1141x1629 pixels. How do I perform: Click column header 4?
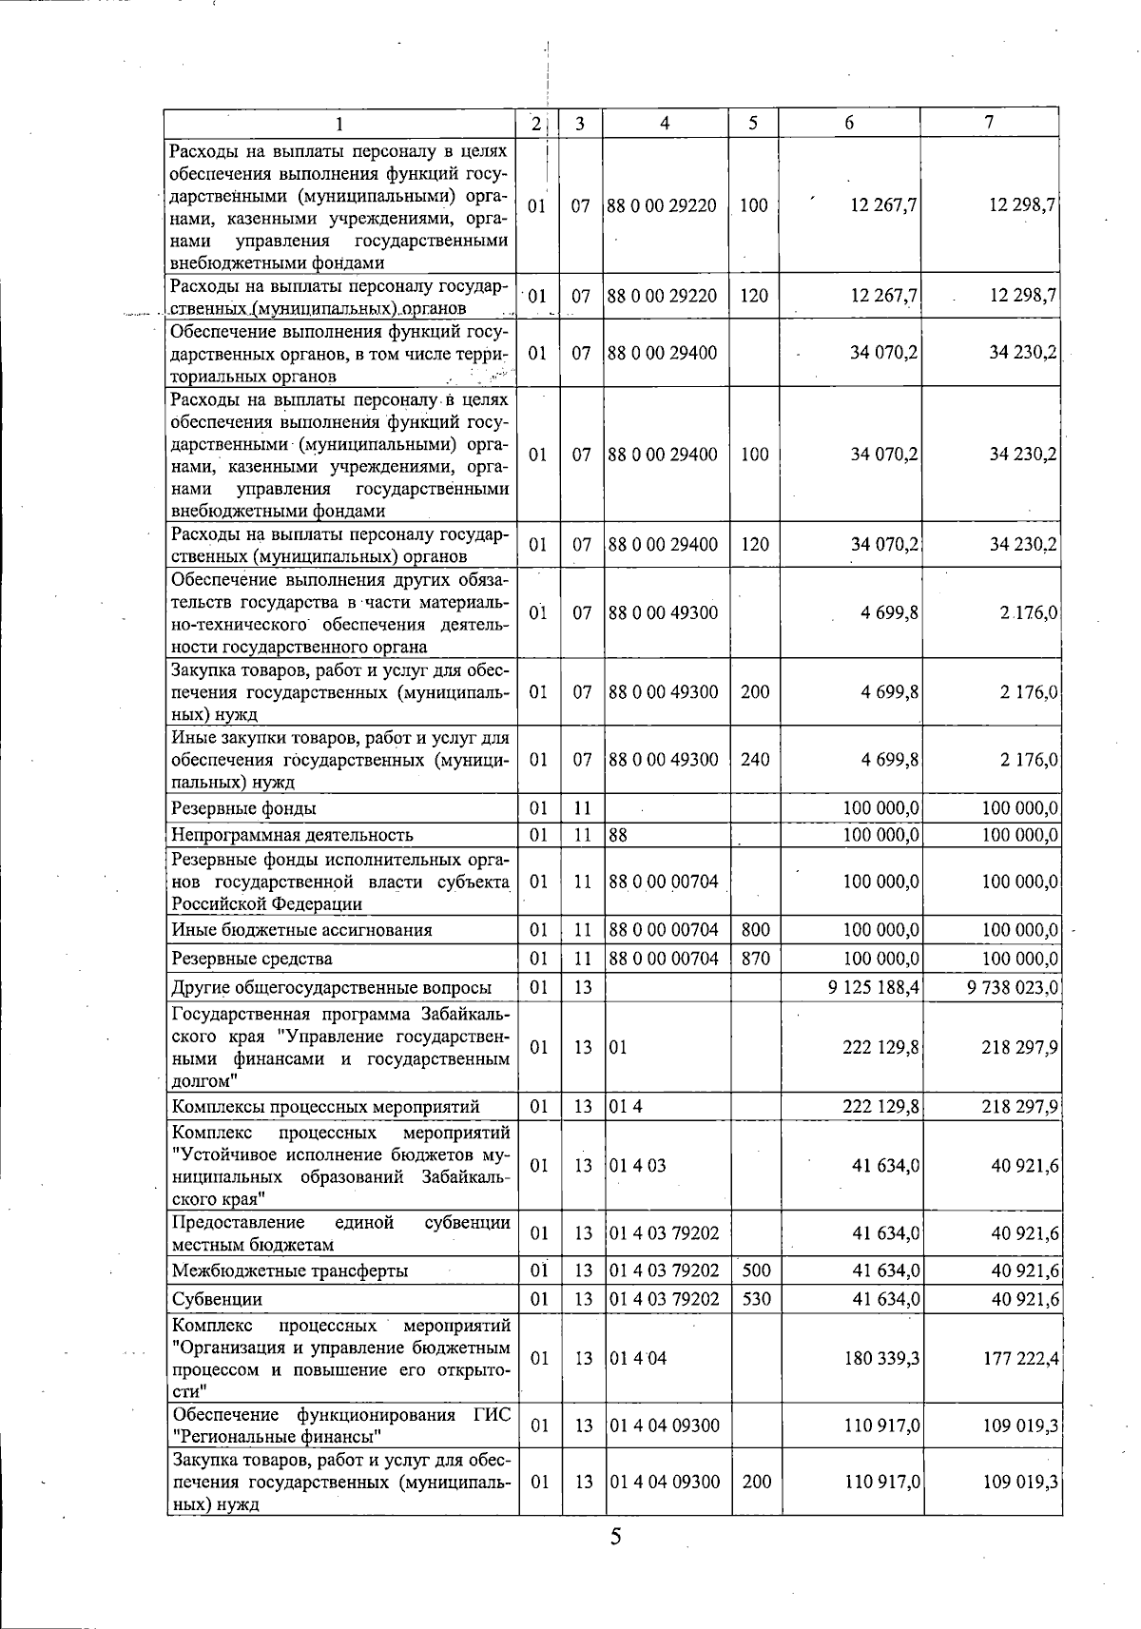click(x=665, y=123)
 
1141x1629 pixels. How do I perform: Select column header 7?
click(x=989, y=122)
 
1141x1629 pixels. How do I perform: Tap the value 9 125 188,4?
click(x=874, y=987)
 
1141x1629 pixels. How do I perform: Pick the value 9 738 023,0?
click(x=1012, y=987)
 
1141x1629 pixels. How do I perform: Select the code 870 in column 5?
click(x=755, y=958)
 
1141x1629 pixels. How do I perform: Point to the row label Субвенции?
click(x=217, y=1298)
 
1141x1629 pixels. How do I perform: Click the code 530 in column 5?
click(x=756, y=1298)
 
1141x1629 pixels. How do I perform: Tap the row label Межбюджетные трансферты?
click(x=290, y=1270)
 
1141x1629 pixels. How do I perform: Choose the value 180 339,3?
click(x=881, y=1358)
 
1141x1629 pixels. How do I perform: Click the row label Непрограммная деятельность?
click(x=292, y=835)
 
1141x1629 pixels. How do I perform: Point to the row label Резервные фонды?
click(x=243, y=808)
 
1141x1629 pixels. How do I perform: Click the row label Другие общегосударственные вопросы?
click(x=331, y=987)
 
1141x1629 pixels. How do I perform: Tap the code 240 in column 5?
click(x=755, y=760)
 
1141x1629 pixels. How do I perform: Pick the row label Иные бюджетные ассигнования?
click(x=301, y=929)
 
